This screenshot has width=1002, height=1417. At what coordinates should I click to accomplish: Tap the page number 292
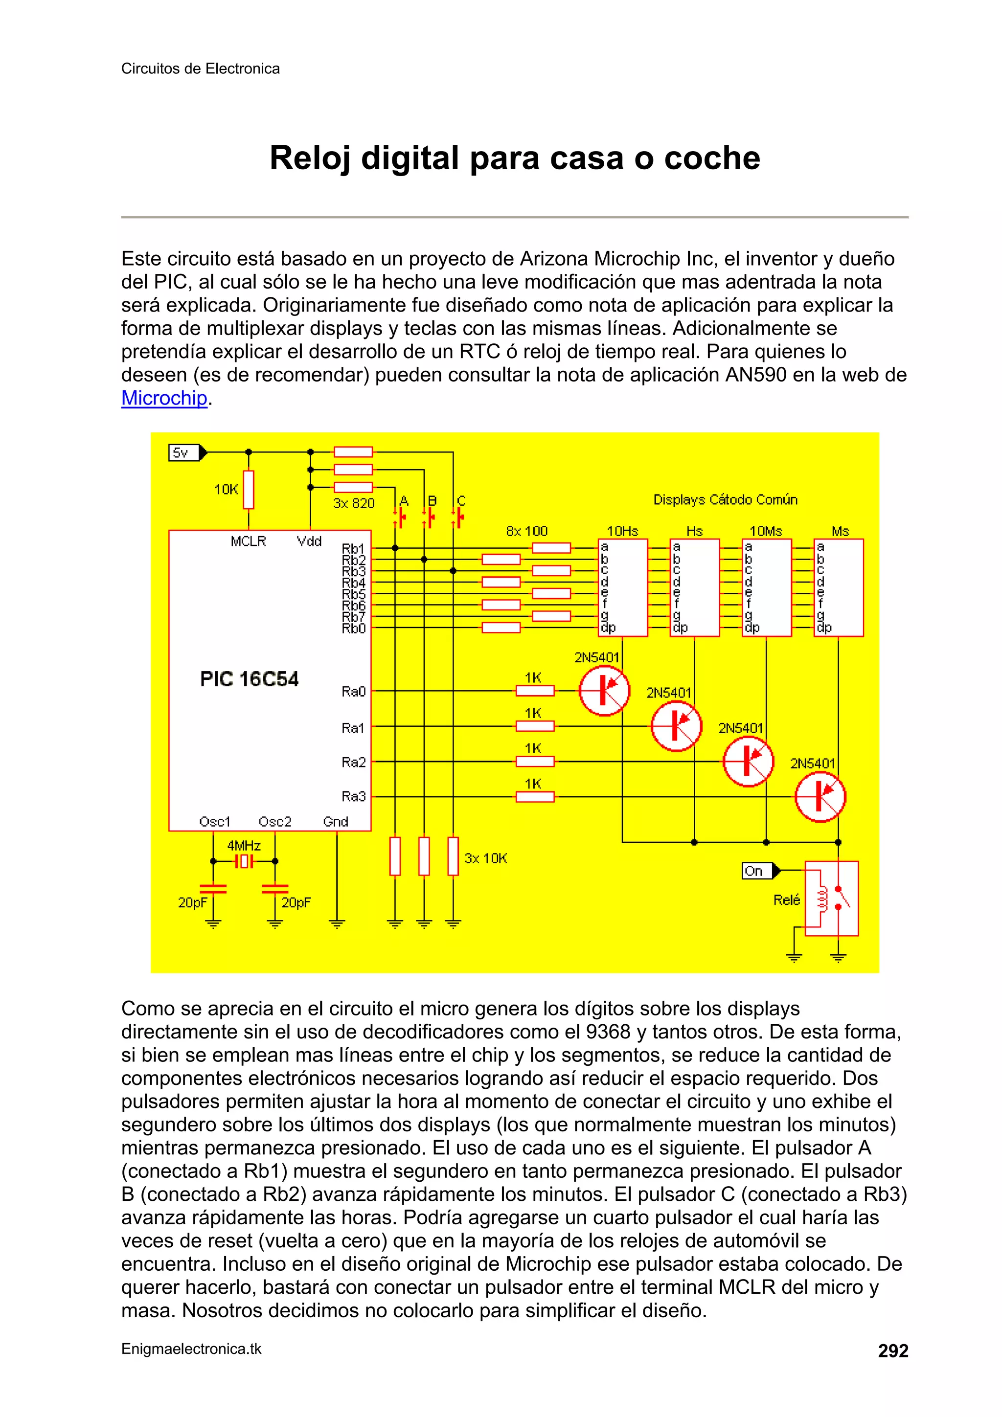click(893, 1351)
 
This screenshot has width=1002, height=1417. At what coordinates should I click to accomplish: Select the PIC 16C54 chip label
click(249, 679)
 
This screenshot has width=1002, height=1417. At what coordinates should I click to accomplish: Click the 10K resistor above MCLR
click(248, 490)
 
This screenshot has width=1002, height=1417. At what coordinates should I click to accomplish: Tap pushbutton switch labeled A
click(401, 517)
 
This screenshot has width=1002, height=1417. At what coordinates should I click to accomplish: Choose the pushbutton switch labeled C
click(458, 517)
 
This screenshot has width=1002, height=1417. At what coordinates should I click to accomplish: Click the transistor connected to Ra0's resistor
click(604, 691)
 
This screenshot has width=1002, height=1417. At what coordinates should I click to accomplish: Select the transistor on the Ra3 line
click(820, 797)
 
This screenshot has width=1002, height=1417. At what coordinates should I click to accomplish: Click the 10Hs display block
click(622, 587)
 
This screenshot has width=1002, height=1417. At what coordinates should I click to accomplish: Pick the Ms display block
click(839, 587)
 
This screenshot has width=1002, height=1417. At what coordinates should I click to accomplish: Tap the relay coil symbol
click(822, 899)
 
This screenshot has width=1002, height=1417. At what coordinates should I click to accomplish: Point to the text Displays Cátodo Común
click(726, 499)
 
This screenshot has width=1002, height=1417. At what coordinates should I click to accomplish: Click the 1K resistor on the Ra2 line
click(535, 762)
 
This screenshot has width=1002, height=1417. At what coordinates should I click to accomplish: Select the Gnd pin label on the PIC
click(335, 821)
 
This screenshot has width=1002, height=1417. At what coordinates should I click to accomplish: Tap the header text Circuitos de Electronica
click(200, 68)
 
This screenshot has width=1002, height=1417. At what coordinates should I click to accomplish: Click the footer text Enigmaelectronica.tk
click(191, 1349)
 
